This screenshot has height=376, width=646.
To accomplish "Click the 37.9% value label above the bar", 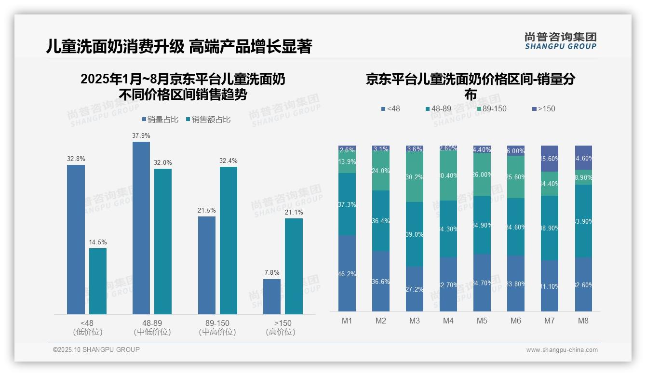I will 141,135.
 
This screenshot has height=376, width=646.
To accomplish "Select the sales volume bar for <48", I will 76,240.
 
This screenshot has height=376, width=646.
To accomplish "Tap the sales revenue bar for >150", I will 294,266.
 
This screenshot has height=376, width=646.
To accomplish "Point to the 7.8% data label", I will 272,272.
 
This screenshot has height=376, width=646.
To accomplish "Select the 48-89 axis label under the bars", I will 152,323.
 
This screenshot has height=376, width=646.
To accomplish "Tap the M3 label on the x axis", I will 415,321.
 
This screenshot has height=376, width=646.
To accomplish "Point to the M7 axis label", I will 550,321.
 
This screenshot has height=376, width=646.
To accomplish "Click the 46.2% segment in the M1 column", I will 347,273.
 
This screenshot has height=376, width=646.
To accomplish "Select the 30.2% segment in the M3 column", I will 415,177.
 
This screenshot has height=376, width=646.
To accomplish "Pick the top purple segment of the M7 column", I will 550,159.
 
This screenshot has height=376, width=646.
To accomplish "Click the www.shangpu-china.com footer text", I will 562,350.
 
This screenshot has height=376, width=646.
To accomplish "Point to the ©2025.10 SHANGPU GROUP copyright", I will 96,349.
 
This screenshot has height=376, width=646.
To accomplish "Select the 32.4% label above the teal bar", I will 229,161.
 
